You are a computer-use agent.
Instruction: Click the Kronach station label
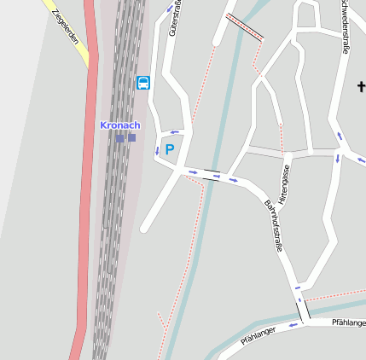[119, 125]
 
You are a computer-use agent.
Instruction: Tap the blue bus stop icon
[142, 83]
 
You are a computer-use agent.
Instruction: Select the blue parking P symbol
[169, 149]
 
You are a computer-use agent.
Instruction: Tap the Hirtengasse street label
[287, 180]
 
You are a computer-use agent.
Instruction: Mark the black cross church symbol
[361, 86]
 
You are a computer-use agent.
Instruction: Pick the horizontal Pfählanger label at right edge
[348, 322]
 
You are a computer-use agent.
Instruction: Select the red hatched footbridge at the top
[245, 26]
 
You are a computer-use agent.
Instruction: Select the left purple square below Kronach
[120, 137]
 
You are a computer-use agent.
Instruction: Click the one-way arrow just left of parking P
[157, 150]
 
